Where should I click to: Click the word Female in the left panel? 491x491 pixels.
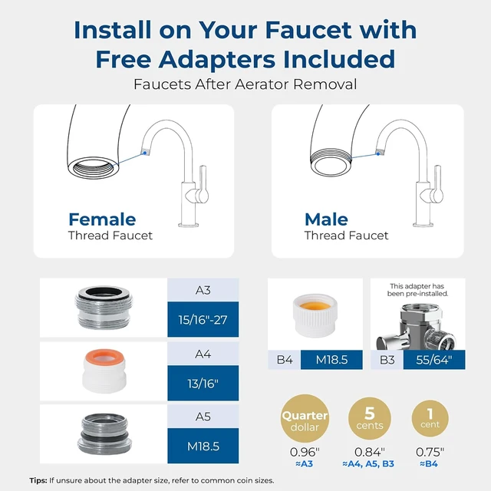point(102,219)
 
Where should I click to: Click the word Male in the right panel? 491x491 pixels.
point(326,219)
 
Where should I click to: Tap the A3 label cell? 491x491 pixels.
point(203,290)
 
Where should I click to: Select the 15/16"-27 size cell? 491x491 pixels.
point(203,319)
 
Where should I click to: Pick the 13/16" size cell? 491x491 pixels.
point(203,383)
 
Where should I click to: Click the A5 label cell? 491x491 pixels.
point(203,417)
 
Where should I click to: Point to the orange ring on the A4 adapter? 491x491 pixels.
point(104,354)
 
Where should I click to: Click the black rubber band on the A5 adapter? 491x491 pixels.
point(104,437)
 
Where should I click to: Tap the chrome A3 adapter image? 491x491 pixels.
point(104,307)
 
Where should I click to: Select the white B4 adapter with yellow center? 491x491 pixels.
point(315,315)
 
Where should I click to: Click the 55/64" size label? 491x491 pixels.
point(434,360)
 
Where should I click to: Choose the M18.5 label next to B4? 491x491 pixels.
point(331,360)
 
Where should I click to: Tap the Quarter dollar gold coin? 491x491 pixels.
point(305,418)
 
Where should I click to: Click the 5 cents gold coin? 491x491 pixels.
point(370,418)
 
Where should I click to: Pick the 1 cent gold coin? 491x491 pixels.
point(430,418)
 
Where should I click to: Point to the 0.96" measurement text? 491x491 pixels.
point(305,452)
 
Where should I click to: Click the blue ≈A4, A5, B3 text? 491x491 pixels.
point(368,463)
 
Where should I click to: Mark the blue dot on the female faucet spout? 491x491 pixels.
point(145,153)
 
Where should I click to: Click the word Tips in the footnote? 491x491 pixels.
point(38,480)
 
